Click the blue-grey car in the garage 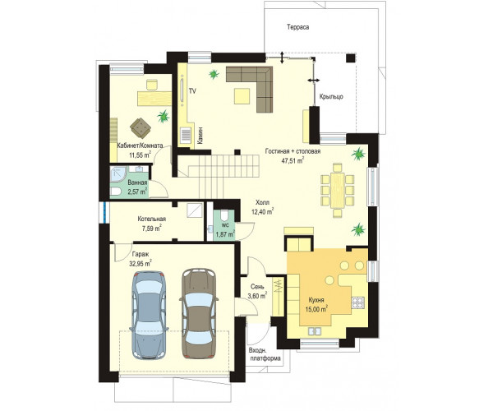(x=150, y=315)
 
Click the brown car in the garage (x=198, y=313)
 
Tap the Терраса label (x=297, y=27)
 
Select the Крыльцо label (x=331, y=96)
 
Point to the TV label (x=192, y=91)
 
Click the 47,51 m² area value (x=293, y=161)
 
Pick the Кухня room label (x=316, y=300)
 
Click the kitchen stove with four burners (x=357, y=302)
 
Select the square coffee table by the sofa (x=242, y=96)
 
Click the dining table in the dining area (x=338, y=190)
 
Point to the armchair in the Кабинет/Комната (x=141, y=127)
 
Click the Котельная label (x=151, y=219)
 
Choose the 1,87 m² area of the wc (x=225, y=234)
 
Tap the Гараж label (x=141, y=254)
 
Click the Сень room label (x=257, y=287)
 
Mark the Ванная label (x=137, y=182)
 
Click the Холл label (x=262, y=202)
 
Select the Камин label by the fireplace (x=200, y=136)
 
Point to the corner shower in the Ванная (x=117, y=175)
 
